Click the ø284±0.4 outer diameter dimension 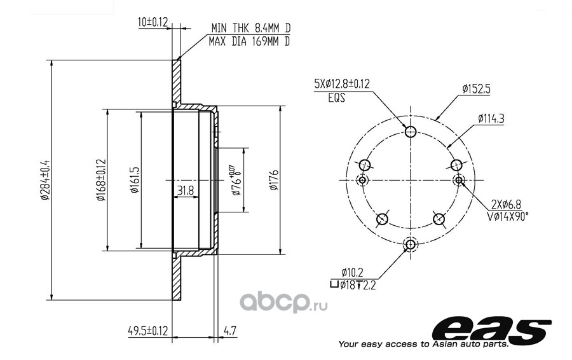coord(46,180)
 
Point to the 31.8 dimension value coord(186,190)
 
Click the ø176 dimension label coord(274,180)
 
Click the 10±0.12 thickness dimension coord(153,23)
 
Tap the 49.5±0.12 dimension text coord(147,331)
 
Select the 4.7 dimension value coord(230,331)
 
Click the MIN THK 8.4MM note coord(251,28)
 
